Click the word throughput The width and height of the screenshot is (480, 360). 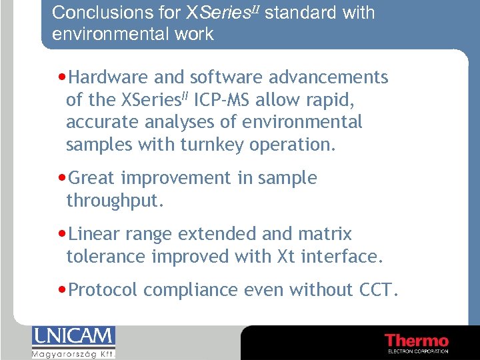(114, 201)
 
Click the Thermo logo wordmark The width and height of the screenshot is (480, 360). (417, 339)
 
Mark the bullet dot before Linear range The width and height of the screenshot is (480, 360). (62, 235)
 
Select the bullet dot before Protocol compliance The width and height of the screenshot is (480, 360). (62, 291)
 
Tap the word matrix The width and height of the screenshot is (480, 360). (327, 234)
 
